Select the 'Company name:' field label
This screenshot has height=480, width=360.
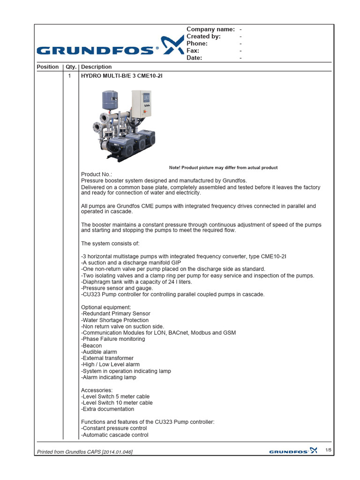tap(210, 29)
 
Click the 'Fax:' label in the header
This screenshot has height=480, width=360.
tap(193, 51)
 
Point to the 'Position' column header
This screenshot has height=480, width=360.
tap(48, 67)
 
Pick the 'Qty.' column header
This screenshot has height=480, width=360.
tap(70, 67)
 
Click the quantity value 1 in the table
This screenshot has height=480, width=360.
tap(70, 75)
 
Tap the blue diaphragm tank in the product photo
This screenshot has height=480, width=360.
tap(109, 99)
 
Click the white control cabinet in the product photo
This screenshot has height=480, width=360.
tap(142, 104)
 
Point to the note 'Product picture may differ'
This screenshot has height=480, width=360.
tap(223, 168)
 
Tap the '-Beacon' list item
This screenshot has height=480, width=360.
tap(91, 345)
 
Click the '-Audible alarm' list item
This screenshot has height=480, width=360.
tap(99, 352)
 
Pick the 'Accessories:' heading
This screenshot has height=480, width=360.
tap(97, 390)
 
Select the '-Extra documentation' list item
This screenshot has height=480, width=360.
tap(107, 409)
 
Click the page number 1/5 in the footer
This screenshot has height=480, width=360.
tap(329, 450)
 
